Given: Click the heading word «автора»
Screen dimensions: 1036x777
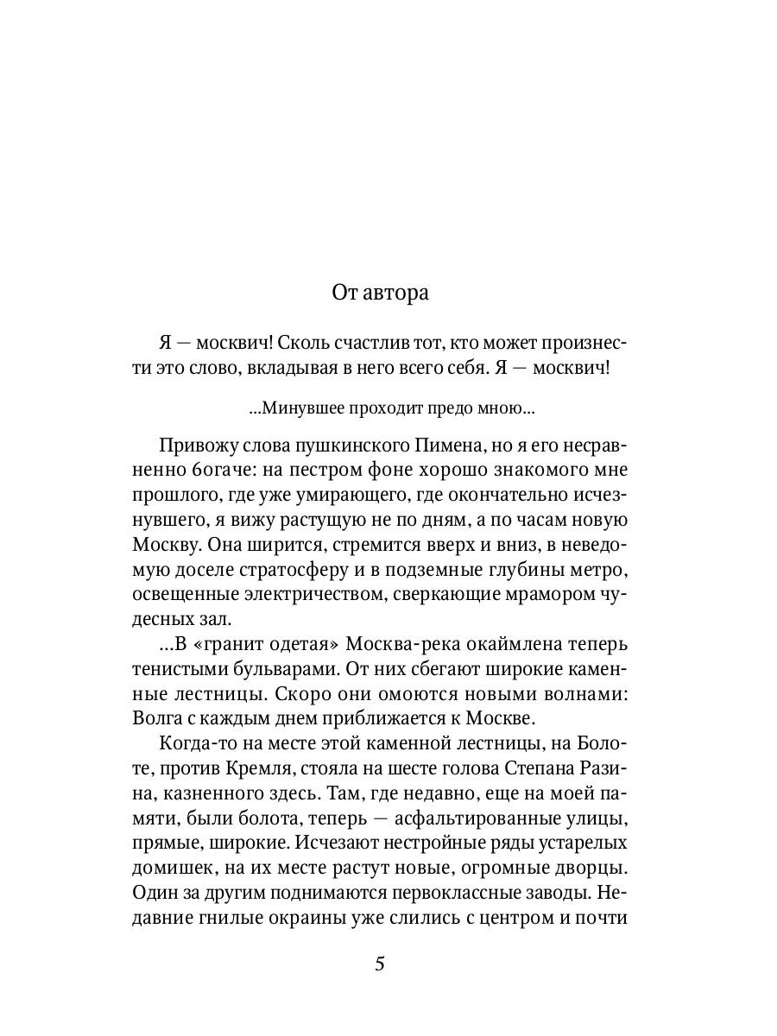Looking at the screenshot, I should coord(396,293).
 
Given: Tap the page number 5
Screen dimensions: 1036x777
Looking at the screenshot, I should coord(380,964).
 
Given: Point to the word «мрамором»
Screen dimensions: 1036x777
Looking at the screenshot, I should coord(540,596).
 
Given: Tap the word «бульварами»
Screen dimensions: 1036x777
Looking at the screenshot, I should coord(267,670).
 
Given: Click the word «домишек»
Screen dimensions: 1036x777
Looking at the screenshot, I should coord(176,868).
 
